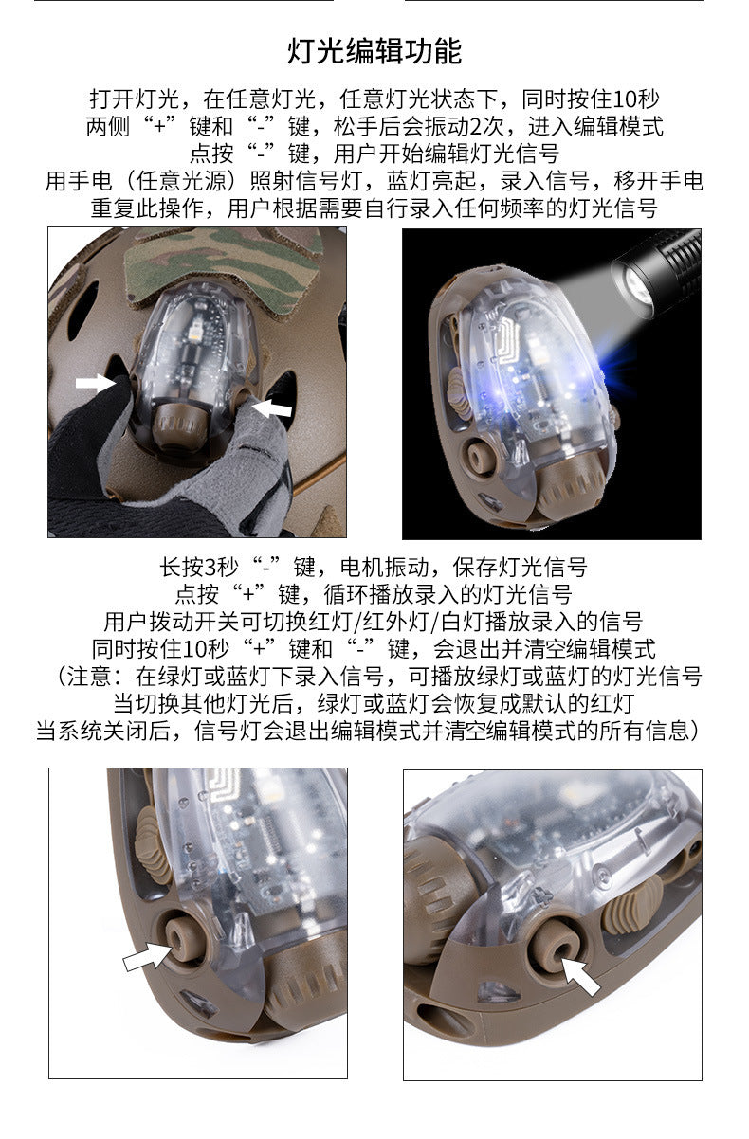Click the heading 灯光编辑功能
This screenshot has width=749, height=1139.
pyautogui.click(x=374, y=51)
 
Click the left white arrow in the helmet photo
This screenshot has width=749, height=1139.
pyautogui.click(x=96, y=383)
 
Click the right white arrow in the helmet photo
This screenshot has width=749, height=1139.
pyautogui.click(x=272, y=407)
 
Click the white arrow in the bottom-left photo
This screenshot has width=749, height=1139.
pyautogui.click(x=148, y=955)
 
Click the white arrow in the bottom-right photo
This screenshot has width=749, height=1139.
pyautogui.click(x=581, y=975)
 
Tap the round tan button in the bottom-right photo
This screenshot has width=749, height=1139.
pyautogui.click(x=556, y=945)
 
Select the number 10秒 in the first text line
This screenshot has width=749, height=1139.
pyautogui.click(x=636, y=99)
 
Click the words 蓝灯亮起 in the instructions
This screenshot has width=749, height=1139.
pyautogui.click(x=431, y=180)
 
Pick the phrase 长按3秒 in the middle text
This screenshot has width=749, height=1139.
pyautogui.click(x=199, y=567)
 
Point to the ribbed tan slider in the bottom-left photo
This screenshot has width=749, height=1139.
pyautogui.click(x=151, y=844)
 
